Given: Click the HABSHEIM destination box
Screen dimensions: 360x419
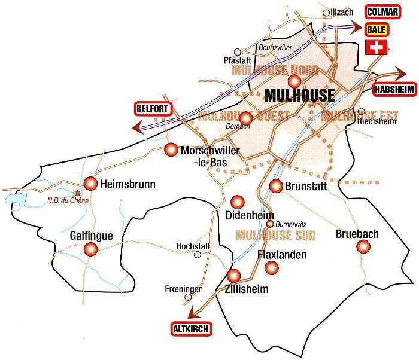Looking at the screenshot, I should [393, 89].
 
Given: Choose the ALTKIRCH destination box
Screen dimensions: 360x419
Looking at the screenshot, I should [189, 328].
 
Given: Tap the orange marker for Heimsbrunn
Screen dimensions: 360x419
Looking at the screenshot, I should [90, 182].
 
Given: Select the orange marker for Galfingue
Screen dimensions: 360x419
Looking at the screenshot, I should [90, 249].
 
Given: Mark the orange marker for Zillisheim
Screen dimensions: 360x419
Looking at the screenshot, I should [234, 276].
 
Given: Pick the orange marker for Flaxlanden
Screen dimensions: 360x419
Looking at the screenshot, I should [271, 269].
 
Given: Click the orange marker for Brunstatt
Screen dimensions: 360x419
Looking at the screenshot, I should [276, 186].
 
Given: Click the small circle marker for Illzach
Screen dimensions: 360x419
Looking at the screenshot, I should [326, 12].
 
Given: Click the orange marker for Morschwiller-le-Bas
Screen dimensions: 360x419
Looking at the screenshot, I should [171, 150].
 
